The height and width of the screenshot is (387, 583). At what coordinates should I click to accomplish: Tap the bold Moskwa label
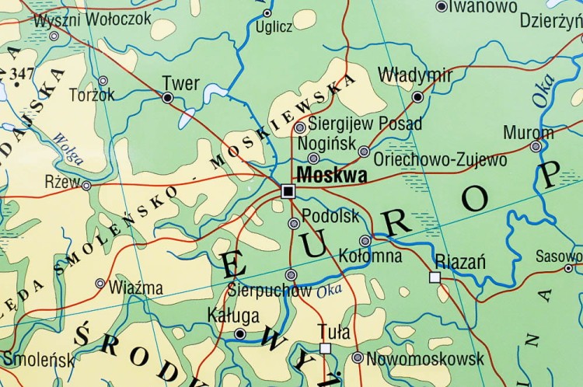tap(333, 176)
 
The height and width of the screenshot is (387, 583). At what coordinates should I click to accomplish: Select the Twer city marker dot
tap(167, 98)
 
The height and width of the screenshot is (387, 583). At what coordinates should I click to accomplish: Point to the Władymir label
tap(414, 75)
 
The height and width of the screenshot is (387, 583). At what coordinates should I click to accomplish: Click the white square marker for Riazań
tap(435, 277)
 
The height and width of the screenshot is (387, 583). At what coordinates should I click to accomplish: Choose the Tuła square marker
tap(325, 348)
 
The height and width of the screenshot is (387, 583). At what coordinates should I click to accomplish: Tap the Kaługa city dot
tap(240, 334)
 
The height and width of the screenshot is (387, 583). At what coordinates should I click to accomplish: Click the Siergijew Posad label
tap(365, 124)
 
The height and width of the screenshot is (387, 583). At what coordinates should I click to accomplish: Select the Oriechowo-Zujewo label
tap(440, 160)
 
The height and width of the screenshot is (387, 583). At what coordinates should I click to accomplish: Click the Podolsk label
tap(330, 216)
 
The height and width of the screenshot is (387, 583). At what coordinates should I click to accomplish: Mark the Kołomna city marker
tap(365, 241)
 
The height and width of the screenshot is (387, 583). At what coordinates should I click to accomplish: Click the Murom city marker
tap(536, 146)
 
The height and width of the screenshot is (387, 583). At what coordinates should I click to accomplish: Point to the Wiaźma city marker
tap(100, 284)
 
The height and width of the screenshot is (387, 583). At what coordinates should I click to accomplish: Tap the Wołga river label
tap(68, 148)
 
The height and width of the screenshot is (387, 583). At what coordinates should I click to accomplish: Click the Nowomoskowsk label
tap(424, 358)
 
